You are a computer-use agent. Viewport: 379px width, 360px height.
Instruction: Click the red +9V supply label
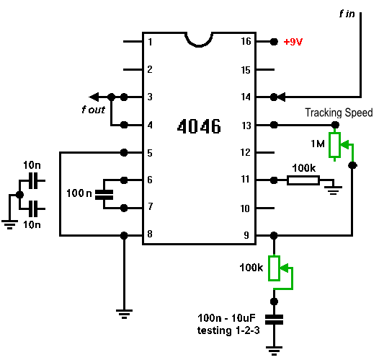[293, 42]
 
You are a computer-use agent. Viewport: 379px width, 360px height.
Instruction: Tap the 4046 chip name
[199, 126]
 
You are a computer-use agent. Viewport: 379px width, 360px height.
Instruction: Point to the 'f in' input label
[347, 14]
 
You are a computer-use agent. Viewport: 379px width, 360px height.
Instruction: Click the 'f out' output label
[93, 110]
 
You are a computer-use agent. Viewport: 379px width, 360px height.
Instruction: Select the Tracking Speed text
[339, 113]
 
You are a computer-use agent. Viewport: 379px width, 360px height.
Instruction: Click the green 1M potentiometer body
[334, 145]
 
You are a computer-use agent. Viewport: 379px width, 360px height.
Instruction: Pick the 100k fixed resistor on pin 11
[303, 180]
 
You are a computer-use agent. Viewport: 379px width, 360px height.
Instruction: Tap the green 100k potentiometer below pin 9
[274, 268]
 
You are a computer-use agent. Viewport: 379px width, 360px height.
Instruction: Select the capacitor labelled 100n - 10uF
[274, 320]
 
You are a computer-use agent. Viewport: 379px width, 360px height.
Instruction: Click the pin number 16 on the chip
[246, 41]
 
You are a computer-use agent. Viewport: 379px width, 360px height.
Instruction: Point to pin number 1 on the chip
[150, 42]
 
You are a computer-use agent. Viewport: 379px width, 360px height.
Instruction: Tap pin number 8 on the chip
[150, 234]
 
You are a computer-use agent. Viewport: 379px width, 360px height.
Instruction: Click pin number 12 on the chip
[246, 152]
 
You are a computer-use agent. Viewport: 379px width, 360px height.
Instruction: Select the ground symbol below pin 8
[124, 314]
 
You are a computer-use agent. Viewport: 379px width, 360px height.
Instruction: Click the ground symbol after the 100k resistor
[334, 190]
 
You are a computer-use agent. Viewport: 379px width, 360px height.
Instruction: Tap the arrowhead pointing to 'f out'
[94, 97]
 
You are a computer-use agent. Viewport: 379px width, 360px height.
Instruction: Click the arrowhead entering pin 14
[281, 97]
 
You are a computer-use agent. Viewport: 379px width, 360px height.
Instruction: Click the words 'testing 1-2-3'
[228, 330]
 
